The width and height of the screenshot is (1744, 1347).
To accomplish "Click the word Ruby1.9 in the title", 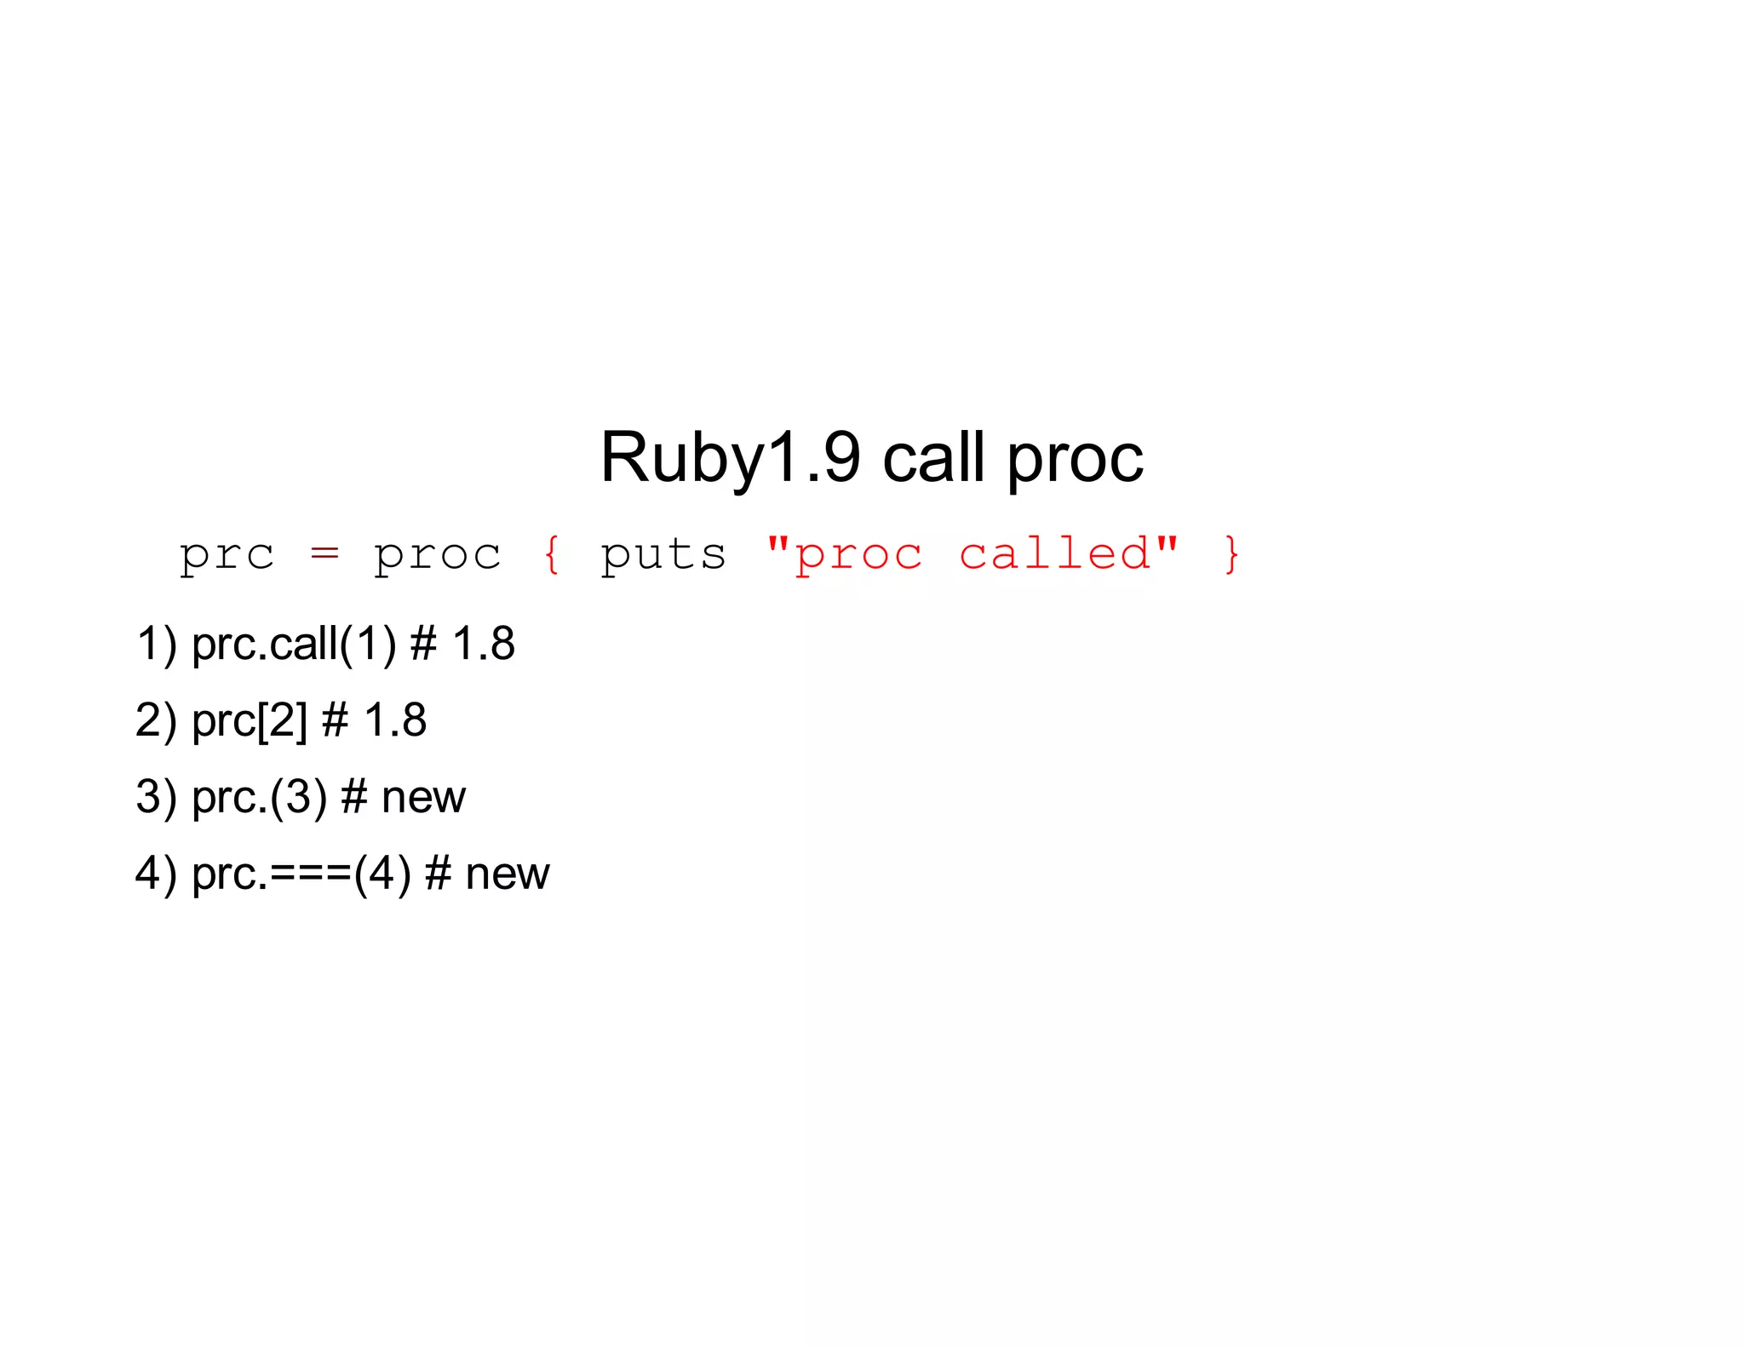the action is (730, 458).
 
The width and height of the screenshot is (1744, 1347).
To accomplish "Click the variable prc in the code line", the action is (227, 556).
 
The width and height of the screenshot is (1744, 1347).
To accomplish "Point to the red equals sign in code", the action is (324, 554).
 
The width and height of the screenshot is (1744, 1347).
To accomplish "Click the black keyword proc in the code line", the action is (437, 556).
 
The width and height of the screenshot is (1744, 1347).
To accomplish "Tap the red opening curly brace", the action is (552, 554).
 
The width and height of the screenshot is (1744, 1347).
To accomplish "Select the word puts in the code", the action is (663, 554).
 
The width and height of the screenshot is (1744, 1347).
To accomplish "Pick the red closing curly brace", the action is (1231, 554).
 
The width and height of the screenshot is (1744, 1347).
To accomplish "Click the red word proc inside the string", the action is (858, 556).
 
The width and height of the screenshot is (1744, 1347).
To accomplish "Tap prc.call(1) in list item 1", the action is (294, 644).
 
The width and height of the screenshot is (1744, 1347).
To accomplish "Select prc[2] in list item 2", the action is (250, 720).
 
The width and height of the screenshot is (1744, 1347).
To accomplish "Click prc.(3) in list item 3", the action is (259, 797).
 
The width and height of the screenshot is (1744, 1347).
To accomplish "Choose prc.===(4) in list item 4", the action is (301, 874).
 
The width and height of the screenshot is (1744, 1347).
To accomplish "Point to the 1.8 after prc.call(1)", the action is (483, 644).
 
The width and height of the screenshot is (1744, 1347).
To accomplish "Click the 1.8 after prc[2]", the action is (395, 720).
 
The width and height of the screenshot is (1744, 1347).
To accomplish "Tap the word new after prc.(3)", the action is (423, 798).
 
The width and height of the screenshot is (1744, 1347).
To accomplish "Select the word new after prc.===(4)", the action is (508, 874).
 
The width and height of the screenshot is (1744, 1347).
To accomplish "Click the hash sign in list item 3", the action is (354, 797).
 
